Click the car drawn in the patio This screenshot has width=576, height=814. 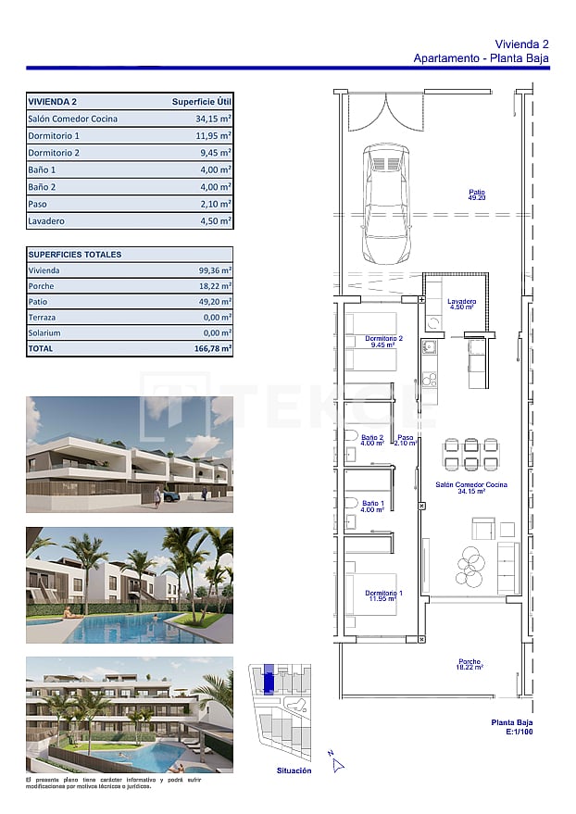click(385, 203)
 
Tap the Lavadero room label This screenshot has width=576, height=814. click(461, 304)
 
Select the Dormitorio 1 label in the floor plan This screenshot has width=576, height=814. click(383, 595)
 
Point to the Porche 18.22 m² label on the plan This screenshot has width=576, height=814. click(470, 664)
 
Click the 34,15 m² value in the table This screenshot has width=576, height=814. click(213, 119)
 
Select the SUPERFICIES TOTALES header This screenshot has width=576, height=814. click(75, 255)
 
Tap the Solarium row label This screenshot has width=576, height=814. click(44, 332)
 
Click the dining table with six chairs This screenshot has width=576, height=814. click(470, 454)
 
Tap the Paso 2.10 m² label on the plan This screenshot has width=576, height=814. click(406, 441)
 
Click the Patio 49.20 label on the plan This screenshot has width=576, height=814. click(477, 195)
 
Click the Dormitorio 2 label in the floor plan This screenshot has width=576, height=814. click(383, 342)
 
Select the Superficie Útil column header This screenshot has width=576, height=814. click(201, 102)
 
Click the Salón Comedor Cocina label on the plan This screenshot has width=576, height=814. click(471, 488)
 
